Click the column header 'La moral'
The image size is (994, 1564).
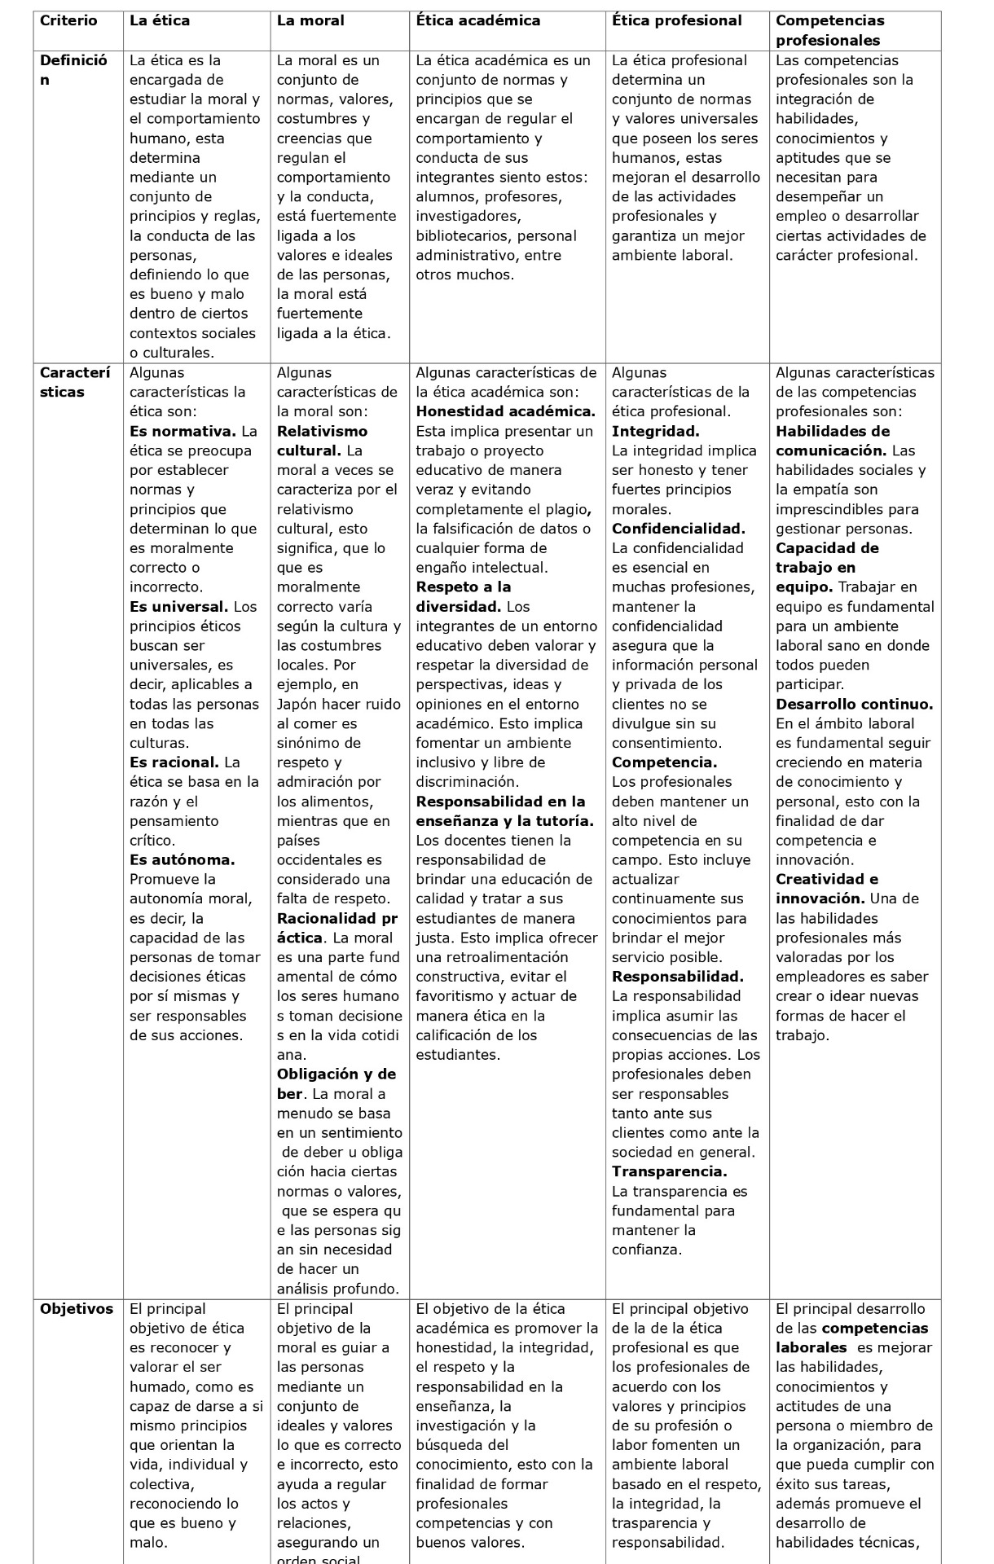click(x=310, y=21)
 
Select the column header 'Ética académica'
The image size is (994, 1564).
click(x=477, y=21)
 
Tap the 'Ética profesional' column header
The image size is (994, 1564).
click(x=676, y=21)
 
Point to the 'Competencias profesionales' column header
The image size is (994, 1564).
click(x=829, y=30)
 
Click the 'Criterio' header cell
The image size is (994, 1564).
click(x=68, y=21)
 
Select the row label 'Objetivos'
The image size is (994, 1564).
click(x=77, y=1309)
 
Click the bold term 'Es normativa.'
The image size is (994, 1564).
click(x=183, y=432)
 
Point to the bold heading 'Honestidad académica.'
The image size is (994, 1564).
click(x=505, y=412)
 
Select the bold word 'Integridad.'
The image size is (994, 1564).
click(x=655, y=432)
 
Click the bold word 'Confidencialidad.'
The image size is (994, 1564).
click(x=679, y=529)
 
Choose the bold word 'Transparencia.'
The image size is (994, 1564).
click(x=669, y=1172)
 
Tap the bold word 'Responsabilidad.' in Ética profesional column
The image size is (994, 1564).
click(x=677, y=977)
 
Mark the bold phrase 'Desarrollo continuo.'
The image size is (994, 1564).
click(x=854, y=705)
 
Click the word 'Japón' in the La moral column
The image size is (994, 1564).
click(x=300, y=705)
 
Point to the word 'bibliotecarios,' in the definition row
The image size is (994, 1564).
click(x=464, y=236)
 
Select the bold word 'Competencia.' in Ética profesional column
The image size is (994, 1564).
click(x=664, y=763)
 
